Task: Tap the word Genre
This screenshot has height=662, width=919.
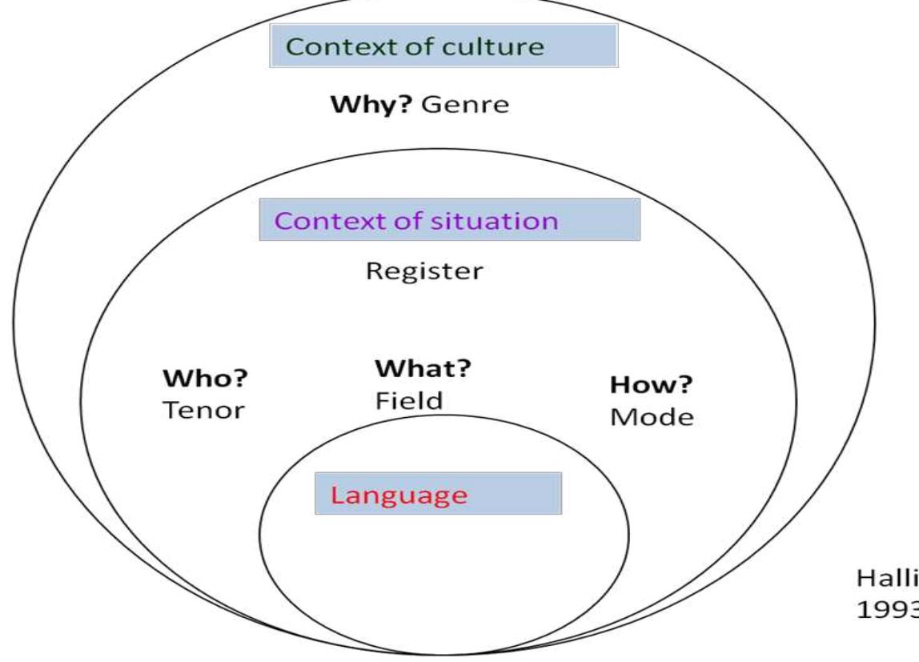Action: pos(464,105)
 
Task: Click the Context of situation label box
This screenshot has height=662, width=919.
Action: pos(449,219)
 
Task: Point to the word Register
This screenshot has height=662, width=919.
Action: pos(424,271)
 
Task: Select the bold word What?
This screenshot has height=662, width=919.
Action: pos(422,371)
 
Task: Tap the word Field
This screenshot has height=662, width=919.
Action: pos(409,400)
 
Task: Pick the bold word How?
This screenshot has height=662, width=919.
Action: pos(651,386)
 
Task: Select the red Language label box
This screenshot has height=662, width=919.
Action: pos(439,494)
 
